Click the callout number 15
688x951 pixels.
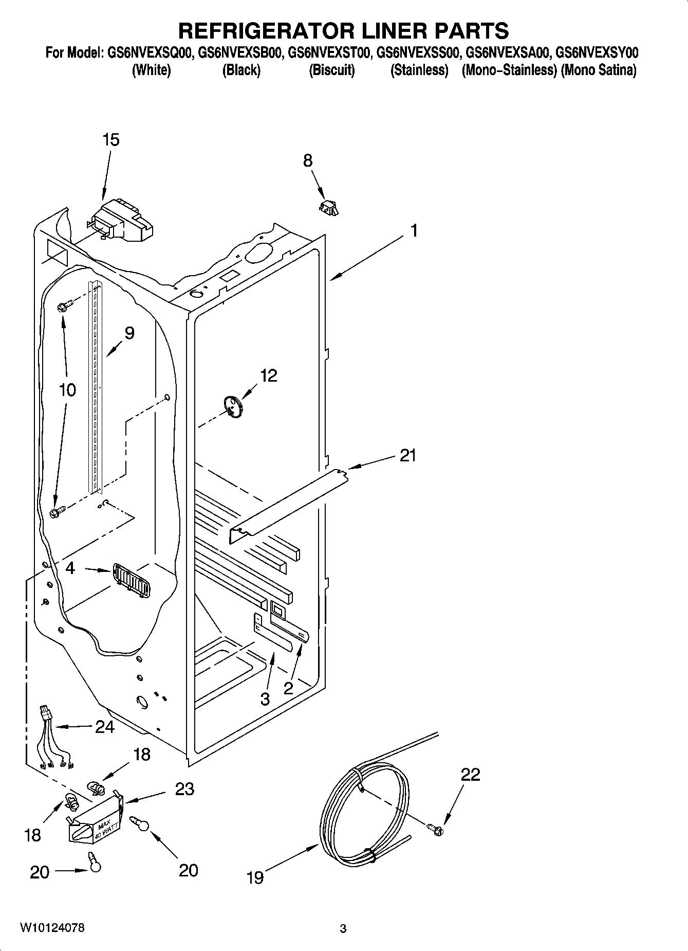click(111, 140)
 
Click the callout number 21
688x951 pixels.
click(408, 455)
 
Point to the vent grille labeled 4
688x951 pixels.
click(131, 580)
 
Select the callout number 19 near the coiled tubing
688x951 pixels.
click(255, 877)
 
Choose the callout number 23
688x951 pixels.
click(184, 789)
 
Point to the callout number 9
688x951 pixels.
click(129, 333)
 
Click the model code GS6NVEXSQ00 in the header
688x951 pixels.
click(150, 52)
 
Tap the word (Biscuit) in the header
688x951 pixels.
click(331, 70)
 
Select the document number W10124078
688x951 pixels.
click(52, 927)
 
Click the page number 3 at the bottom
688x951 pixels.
click(343, 928)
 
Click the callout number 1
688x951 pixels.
click(414, 231)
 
